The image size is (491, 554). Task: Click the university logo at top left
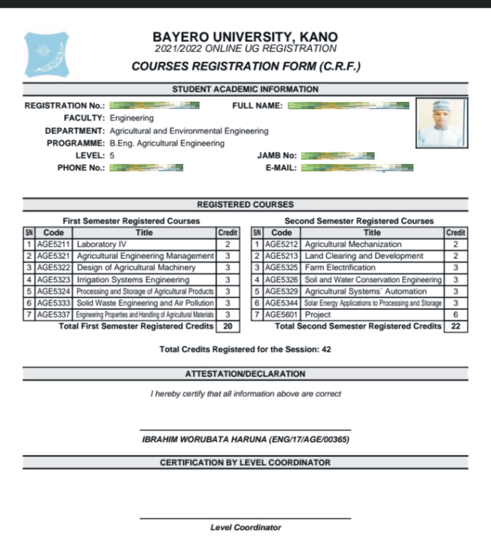point(47,54)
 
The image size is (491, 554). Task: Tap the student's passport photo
point(441,123)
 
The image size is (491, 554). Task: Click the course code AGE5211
point(53,244)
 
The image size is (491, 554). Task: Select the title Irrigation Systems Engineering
point(133,279)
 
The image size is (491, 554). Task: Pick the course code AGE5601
point(281,314)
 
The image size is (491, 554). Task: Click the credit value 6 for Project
point(456,314)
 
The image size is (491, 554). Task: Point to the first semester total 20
point(227,326)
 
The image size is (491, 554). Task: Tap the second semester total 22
point(456,326)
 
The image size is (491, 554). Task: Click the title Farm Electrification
point(340,267)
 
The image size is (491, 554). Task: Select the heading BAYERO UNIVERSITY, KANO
point(245,37)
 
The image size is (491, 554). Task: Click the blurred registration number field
point(154,105)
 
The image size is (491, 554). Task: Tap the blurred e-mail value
point(357,168)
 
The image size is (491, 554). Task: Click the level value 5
point(112,156)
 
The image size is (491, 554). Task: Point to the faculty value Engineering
point(132,118)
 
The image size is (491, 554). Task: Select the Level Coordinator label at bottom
point(246,527)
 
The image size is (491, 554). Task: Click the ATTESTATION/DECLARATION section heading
point(245,374)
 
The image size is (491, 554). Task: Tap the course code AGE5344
point(281,303)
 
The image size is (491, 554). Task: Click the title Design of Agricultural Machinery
point(136,267)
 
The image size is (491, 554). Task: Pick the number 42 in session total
point(326,349)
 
